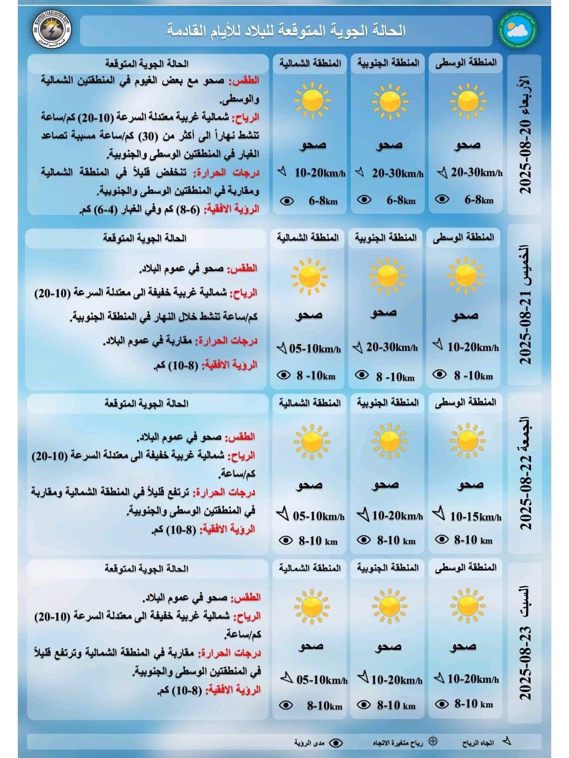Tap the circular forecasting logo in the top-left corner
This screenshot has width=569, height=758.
(53, 30)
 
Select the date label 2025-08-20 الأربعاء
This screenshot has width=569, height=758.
(525, 135)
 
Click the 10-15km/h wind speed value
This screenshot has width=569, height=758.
(475, 517)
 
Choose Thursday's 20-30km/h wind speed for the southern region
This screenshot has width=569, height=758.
(391, 347)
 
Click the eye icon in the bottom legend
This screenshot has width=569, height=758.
(335, 743)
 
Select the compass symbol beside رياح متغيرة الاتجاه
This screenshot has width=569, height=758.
(433, 742)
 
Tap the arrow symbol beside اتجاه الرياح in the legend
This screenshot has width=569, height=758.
(506, 742)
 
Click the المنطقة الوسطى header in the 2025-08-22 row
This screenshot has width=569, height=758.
(466, 402)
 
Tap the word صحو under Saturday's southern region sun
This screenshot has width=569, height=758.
(388, 646)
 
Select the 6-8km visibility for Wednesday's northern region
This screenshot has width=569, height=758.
(322, 201)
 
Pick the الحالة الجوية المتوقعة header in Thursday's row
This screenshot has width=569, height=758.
(144, 238)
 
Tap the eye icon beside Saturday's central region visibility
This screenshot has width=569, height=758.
(441, 704)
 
